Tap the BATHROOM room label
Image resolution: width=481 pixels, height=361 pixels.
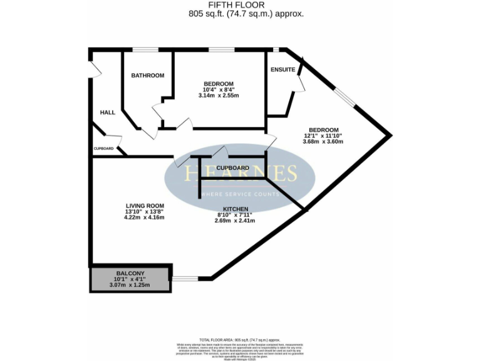pos(147,76)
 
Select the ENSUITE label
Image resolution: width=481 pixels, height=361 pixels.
pos(282,70)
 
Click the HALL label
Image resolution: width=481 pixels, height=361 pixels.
pos(108,112)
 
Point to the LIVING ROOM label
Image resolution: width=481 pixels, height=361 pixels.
pos(145,206)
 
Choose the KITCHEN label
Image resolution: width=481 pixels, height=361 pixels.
pos(235,209)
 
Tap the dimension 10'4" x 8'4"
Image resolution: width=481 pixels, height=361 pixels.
pos(219,90)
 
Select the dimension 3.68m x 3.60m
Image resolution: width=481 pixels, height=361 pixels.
pos(323,141)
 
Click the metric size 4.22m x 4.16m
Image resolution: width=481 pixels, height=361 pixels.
pos(145,218)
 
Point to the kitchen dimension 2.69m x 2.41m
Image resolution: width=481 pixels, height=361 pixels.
pos(235,221)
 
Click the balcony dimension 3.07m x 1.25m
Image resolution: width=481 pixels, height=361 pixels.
pos(130,285)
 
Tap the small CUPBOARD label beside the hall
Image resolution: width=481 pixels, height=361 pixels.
pos(103,149)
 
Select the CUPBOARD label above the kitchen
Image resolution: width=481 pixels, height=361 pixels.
pos(232,168)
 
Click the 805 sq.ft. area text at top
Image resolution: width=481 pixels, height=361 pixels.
pos(240,13)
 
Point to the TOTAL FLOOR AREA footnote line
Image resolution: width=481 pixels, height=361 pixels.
pos(240,338)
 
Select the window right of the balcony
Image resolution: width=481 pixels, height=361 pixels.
pos(185,278)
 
